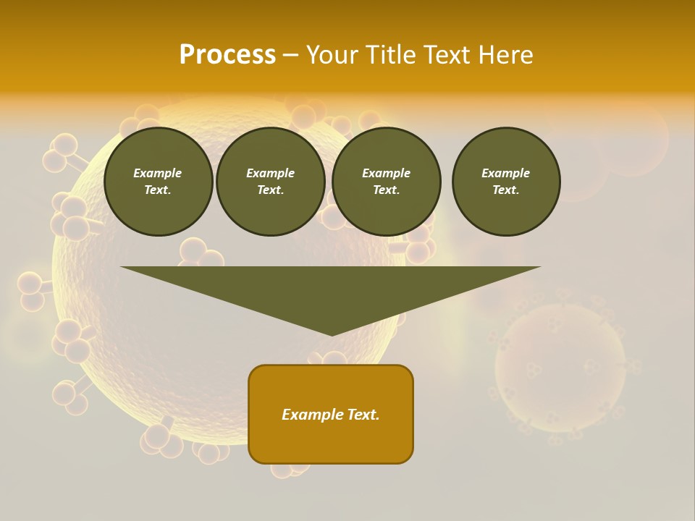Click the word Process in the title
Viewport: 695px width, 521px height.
pyautogui.click(x=227, y=55)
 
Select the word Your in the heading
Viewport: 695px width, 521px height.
pyautogui.click(x=332, y=55)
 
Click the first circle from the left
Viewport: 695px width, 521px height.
pyautogui.click(x=159, y=182)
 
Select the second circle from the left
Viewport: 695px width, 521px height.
pyautogui.click(x=271, y=182)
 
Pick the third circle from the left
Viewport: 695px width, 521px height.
pyautogui.click(x=387, y=182)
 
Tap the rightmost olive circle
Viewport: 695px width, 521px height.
pyautogui.click(x=506, y=182)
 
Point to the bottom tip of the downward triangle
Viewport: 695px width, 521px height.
pyautogui.click(x=331, y=334)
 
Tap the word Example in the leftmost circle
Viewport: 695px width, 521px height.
pyautogui.click(x=158, y=173)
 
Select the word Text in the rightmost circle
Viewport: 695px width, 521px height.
pyautogui.click(x=505, y=190)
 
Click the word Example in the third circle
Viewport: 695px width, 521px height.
pyautogui.click(x=387, y=173)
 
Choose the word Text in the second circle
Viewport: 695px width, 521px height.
pyautogui.click(x=270, y=190)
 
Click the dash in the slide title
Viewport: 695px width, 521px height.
pyautogui.click(x=290, y=55)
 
